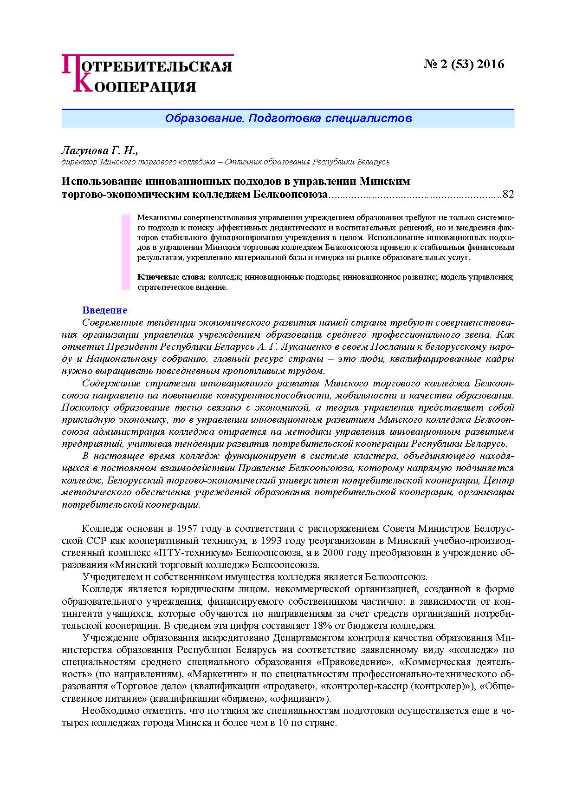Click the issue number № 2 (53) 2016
(464, 64)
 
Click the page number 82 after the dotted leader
(508, 194)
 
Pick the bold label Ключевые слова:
(171, 277)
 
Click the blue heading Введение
(104, 310)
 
